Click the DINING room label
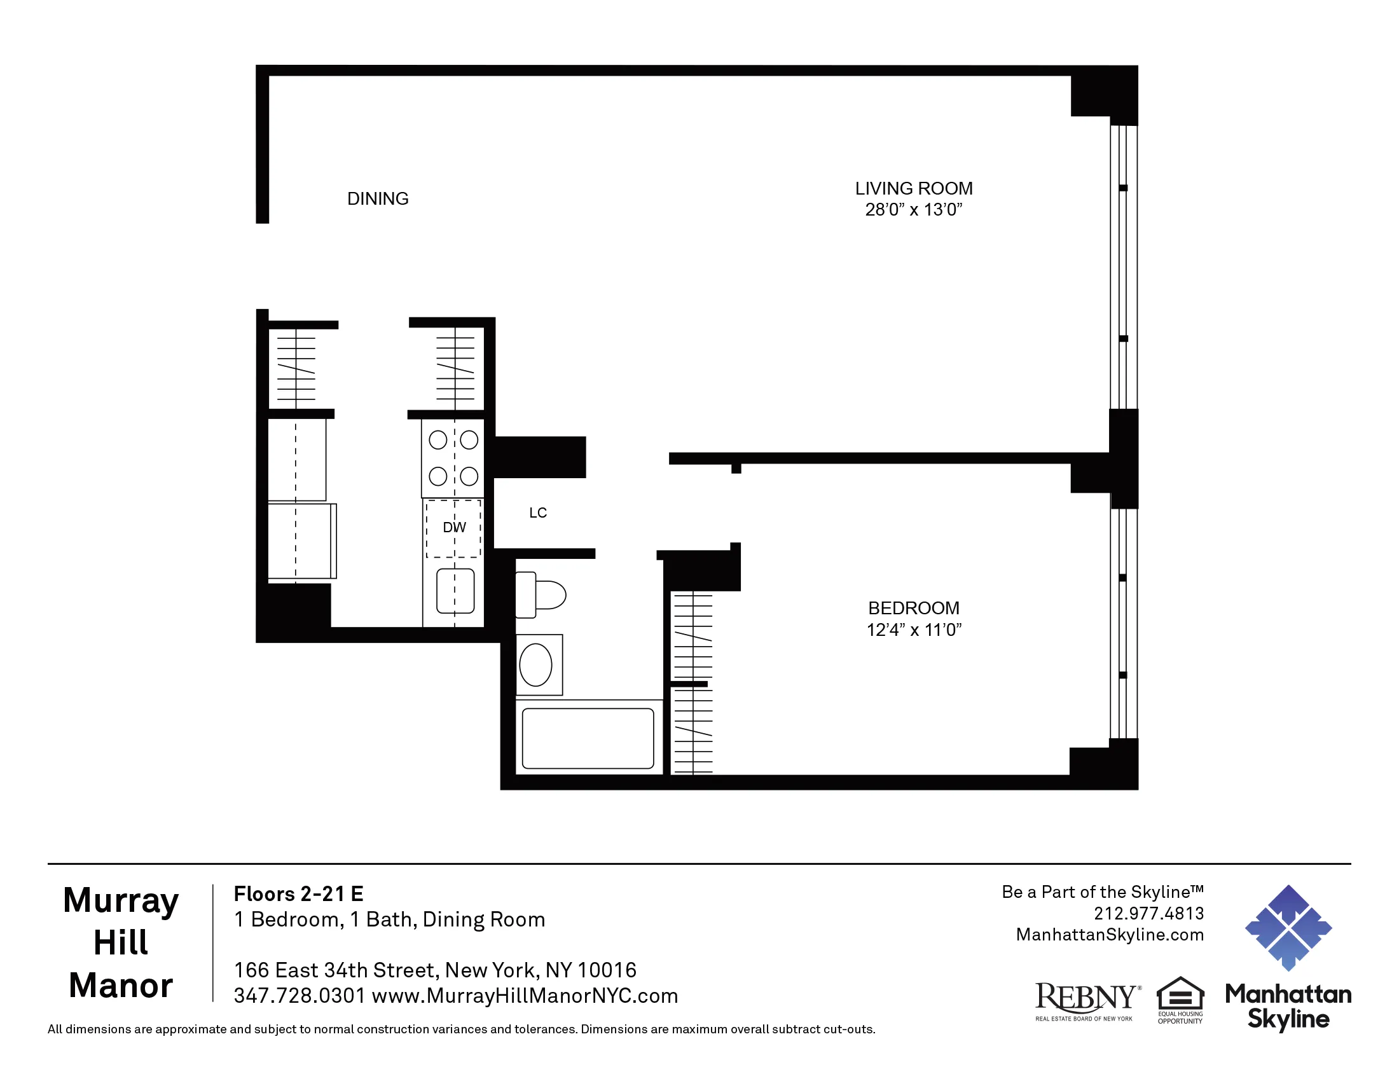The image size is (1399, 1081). coord(377,198)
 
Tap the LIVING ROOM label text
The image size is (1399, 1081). coord(913,188)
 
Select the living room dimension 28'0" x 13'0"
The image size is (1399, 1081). coord(913,209)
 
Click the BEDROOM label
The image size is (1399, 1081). coord(913,608)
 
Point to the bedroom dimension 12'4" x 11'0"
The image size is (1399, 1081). coord(913,630)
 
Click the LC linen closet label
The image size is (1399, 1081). coord(538,513)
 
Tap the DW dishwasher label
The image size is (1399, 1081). coord(454,527)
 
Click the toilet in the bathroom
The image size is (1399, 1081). coord(542,595)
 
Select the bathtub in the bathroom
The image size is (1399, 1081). coord(588,738)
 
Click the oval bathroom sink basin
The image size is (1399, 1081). coord(535,664)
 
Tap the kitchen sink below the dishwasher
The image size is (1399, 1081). coord(455,591)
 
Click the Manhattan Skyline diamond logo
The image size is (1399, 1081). coord(1288,927)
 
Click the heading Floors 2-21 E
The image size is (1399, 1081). coord(298,893)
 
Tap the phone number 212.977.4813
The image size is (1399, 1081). coord(1148,913)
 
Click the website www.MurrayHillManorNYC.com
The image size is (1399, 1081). coord(525,996)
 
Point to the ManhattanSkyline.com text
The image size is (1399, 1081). coord(1110,934)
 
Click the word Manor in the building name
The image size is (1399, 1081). coord(120,985)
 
